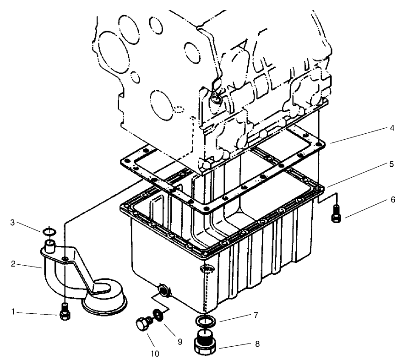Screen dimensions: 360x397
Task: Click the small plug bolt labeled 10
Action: [x=143, y=324]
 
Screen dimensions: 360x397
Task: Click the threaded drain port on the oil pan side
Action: [x=163, y=289]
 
